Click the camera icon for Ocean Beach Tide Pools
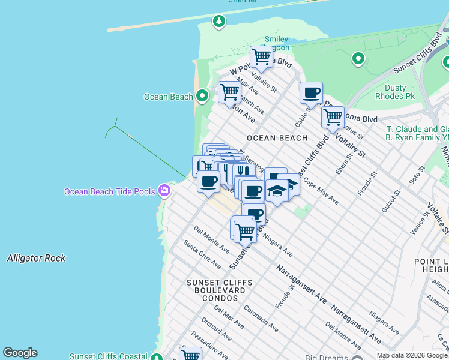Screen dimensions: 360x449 click(x=164, y=191)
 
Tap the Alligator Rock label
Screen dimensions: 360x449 click(x=36, y=258)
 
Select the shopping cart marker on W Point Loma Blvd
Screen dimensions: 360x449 click(x=261, y=57)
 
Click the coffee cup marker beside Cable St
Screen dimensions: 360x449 click(x=311, y=93)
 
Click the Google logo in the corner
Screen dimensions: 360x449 click(x=20, y=353)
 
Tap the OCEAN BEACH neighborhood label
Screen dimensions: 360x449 click(x=277, y=138)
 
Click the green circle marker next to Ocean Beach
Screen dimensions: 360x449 click(x=202, y=96)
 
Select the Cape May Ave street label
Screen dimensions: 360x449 click(x=321, y=191)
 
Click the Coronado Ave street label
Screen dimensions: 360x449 click(x=261, y=319)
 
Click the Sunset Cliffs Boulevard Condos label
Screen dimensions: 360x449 click(x=215, y=290)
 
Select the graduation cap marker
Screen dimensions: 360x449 click(x=277, y=190)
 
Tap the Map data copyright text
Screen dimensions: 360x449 click(x=412, y=355)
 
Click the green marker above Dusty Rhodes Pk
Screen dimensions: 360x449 click(x=358, y=59)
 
